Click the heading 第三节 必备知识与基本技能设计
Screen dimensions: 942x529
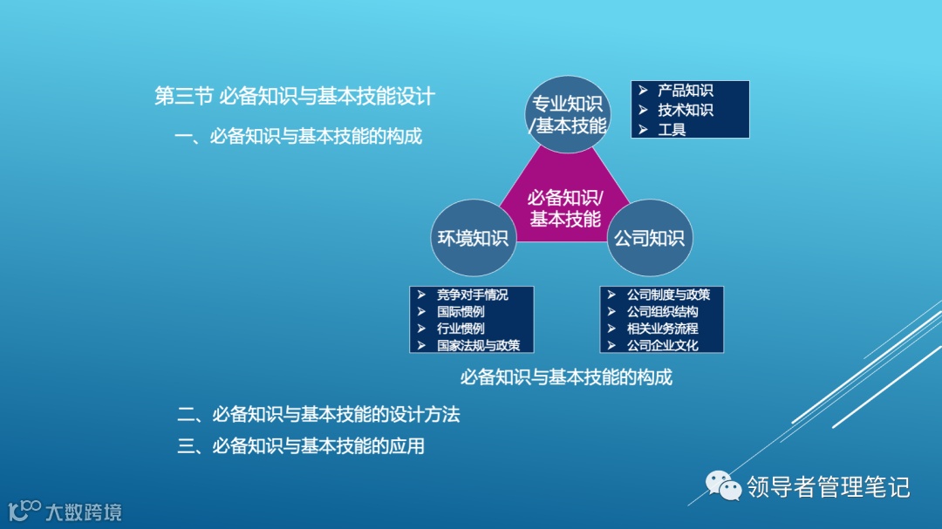click(294, 96)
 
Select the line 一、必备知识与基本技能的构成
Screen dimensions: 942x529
click(298, 136)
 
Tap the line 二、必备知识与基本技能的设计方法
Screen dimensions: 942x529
click(318, 415)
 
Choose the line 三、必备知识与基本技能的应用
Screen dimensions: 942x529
click(301, 446)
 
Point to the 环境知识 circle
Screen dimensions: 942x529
click(472, 238)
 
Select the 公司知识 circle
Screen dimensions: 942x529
click(650, 238)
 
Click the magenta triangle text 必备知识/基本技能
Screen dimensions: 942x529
click(565, 207)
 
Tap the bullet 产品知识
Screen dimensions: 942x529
click(685, 91)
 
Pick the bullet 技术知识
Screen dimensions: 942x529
click(685, 110)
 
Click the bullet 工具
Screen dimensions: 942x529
click(672, 129)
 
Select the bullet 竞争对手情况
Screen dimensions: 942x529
click(472, 295)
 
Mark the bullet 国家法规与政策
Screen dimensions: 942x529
click(478, 345)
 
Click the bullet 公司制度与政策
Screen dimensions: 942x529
click(668, 295)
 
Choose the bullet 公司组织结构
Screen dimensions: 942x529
click(662, 311)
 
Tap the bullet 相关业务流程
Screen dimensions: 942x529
click(662, 329)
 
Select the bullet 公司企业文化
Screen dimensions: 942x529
click(662, 345)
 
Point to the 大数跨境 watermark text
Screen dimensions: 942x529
click(83, 512)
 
